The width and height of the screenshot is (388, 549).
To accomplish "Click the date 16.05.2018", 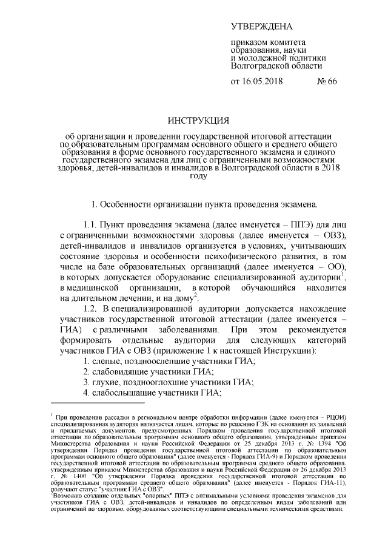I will pyautogui.click(x=263, y=81).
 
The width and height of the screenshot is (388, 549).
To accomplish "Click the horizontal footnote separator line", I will pyautogui.click(x=98, y=403).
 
